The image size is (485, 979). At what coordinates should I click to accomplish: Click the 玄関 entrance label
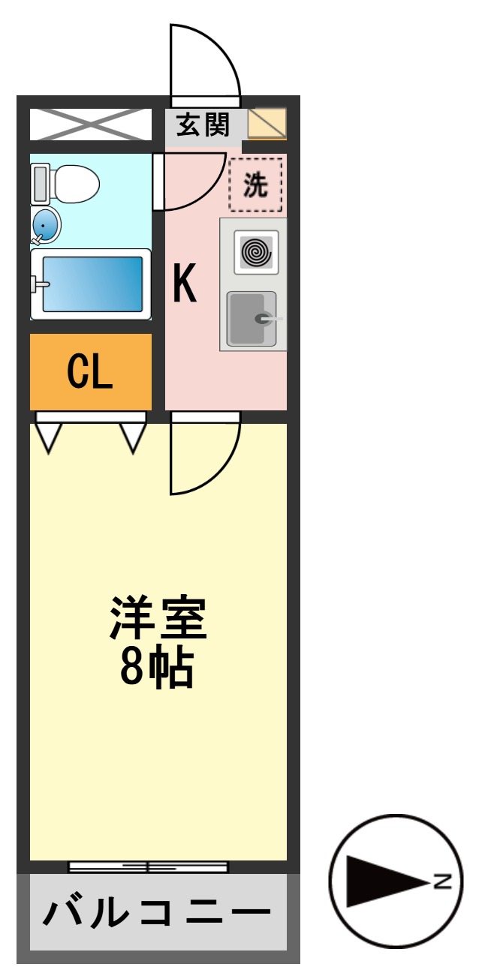click(202, 125)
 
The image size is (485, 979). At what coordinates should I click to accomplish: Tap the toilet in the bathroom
click(68, 183)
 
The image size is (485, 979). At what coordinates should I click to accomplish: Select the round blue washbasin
click(47, 224)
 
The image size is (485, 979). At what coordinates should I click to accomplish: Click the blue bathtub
click(92, 284)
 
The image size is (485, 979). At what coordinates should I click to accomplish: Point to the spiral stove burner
click(256, 252)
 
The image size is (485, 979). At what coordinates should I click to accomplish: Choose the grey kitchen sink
click(252, 319)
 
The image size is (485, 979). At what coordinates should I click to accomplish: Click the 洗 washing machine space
click(256, 185)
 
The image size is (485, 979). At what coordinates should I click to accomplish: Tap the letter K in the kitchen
click(185, 284)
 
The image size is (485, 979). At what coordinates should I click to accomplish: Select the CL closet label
click(90, 371)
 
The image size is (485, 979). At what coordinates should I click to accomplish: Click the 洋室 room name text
click(158, 617)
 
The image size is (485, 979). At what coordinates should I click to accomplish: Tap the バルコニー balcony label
click(157, 913)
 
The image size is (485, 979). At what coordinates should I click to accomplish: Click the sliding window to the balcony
click(148, 867)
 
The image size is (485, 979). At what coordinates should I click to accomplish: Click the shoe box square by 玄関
click(267, 124)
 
